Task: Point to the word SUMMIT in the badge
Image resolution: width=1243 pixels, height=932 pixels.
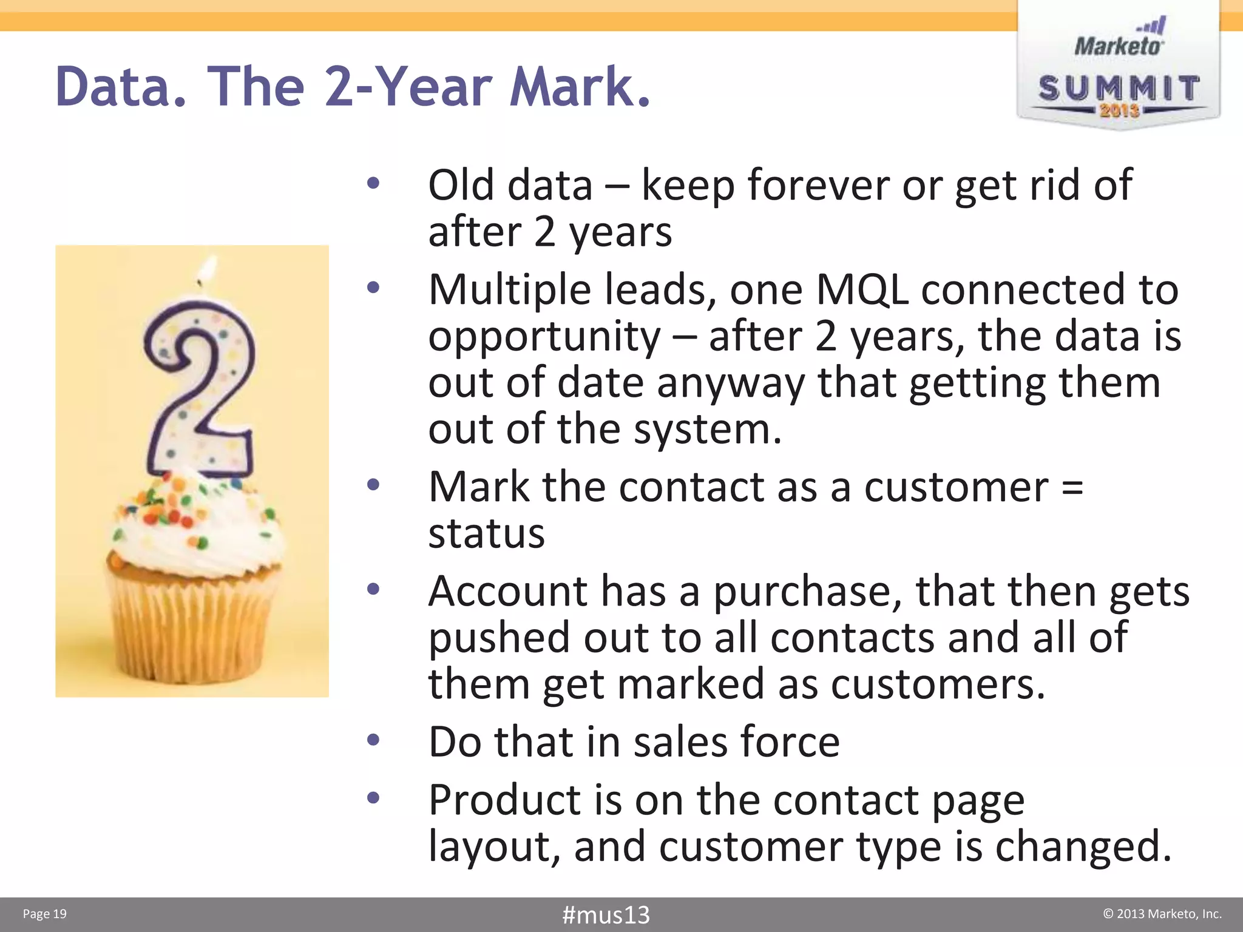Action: [x=1119, y=89]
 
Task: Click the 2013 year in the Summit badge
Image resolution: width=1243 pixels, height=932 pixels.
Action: [x=1119, y=110]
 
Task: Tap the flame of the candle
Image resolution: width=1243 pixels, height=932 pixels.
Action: [x=208, y=268]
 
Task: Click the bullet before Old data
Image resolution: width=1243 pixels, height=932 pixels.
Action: [x=373, y=183]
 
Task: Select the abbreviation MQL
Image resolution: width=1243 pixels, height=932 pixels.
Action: [x=862, y=289]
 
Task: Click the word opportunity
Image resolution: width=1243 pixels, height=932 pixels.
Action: [x=544, y=337]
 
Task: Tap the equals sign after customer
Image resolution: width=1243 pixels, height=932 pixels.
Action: [x=1072, y=487]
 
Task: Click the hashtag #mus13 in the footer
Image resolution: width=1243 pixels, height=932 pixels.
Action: [x=606, y=914]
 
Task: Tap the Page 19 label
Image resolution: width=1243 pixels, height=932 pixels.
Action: [x=44, y=914]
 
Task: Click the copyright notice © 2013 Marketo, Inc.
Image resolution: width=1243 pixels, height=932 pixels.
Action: [x=1162, y=914]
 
